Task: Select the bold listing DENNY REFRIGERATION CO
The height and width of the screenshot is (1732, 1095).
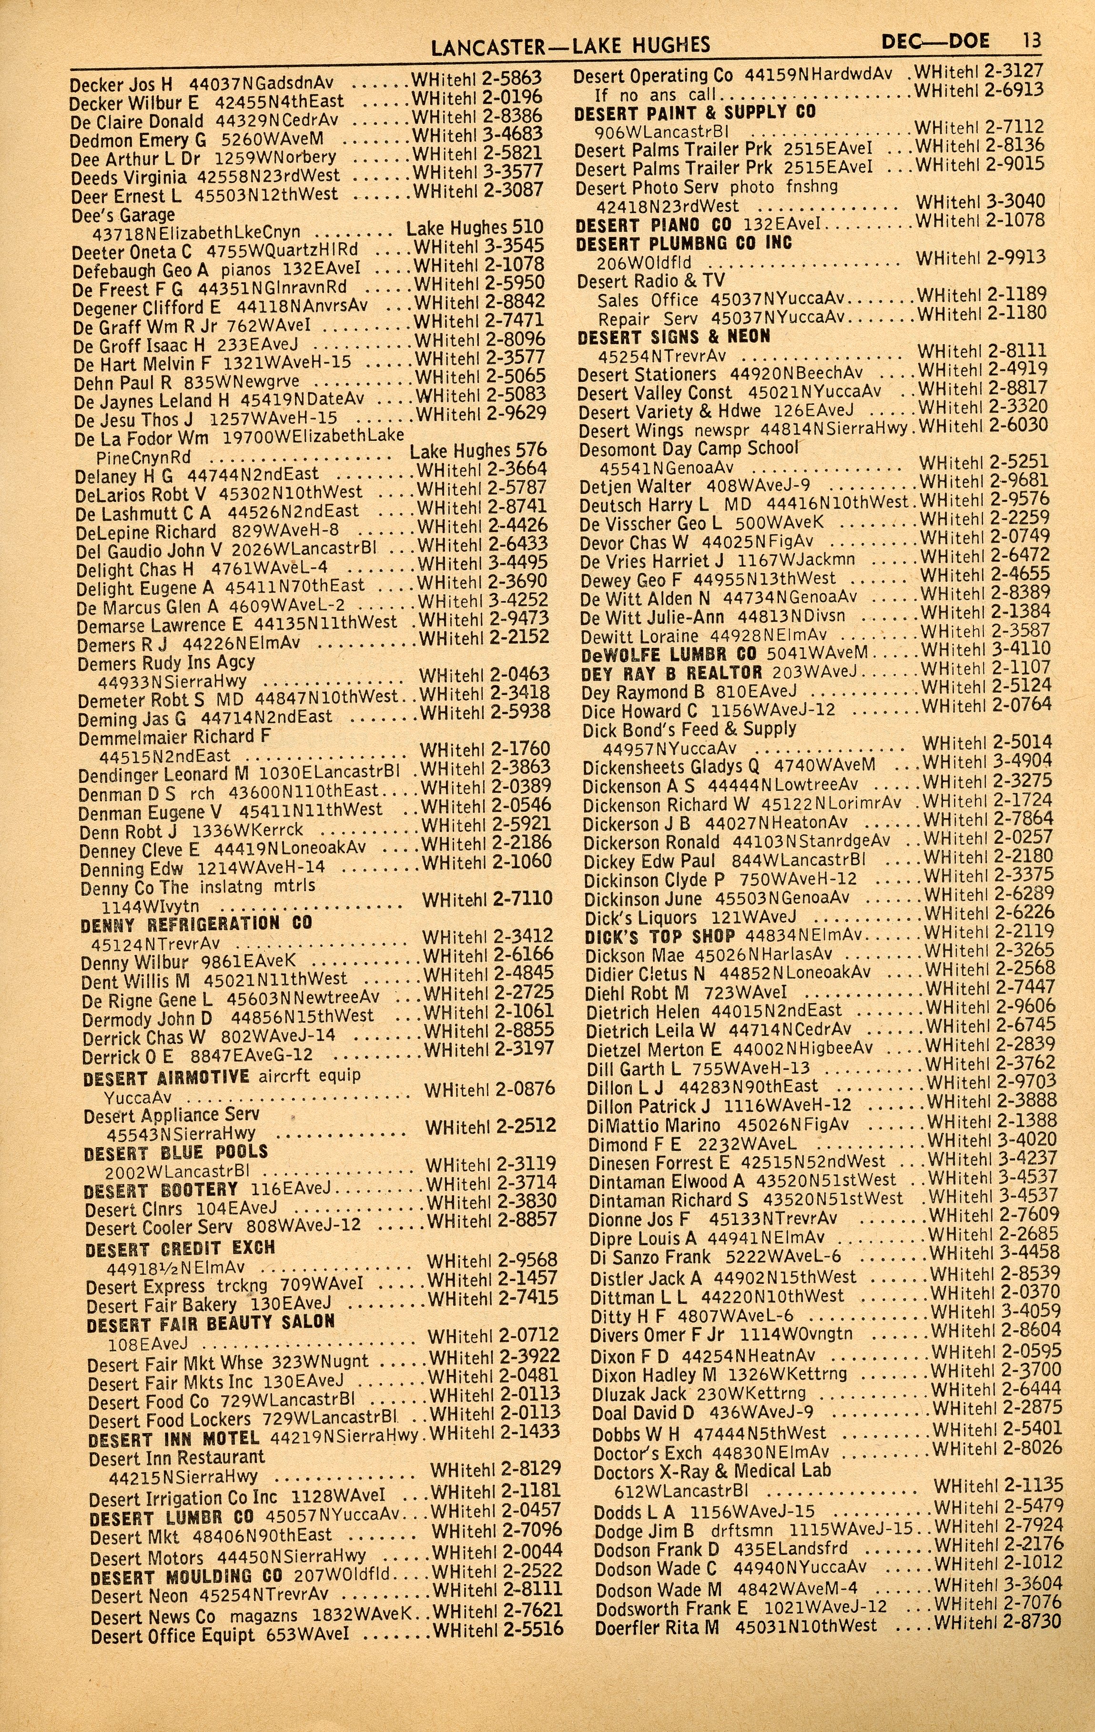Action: click(x=196, y=923)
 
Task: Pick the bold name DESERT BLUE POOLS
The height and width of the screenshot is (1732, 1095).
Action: click(x=175, y=1153)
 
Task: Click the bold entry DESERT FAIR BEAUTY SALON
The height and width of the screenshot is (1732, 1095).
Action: click(x=211, y=1322)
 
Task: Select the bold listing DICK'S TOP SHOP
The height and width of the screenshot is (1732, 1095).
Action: click(x=659, y=936)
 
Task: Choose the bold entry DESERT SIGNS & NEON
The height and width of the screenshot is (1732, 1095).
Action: click(x=674, y=337)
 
